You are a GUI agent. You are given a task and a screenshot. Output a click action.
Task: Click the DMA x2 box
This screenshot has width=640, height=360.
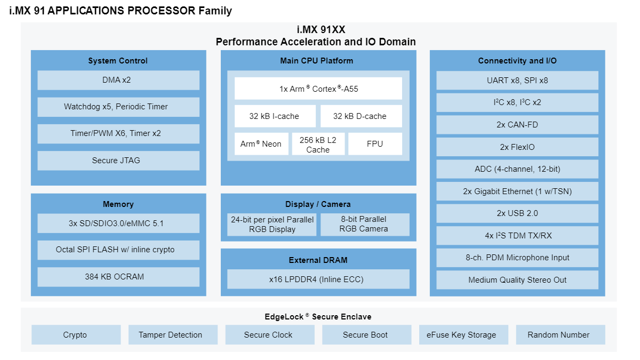pyautogui.click(x=118, y=80)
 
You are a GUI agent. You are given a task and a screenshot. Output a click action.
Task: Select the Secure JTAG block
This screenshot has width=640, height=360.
pyautogui.click(x=118, y=161)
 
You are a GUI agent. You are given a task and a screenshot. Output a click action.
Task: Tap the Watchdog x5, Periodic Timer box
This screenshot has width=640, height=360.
pyautogui.click(x=118, y=107)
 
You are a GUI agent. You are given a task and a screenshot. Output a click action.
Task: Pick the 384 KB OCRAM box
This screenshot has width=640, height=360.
pyautogui.click(x=118, y=277)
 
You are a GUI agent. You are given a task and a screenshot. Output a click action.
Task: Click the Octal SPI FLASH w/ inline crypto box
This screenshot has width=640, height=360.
pyautogui.click(x=118, y=250)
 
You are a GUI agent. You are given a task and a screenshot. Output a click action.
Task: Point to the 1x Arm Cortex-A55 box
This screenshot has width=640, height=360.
pyautogui.click(x=318, y=89)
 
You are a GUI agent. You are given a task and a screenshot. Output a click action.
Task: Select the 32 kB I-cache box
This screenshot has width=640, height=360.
pyautogui.click(x=274, y=116)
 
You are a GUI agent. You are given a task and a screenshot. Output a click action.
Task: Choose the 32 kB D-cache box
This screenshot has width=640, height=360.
pyautogui.click(x=361, y=116)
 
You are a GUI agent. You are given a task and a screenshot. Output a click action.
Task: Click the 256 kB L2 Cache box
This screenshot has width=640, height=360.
pyautogui.click(x=318, y=145)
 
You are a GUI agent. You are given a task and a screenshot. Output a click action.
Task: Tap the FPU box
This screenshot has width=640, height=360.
pyautogui.click(x=375, y=144)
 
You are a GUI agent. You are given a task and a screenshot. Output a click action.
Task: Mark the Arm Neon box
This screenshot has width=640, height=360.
pyautogui.click(x=261, y=144)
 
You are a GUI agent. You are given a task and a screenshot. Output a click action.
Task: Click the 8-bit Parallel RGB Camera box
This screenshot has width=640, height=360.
pyautogui.click(x=365, y=225)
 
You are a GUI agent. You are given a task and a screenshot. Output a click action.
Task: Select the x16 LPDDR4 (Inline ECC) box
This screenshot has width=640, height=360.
pyautogui.click(x=318, y=279)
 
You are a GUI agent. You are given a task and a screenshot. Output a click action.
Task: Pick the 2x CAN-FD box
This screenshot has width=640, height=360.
pyautogui.click(x=517, y=125)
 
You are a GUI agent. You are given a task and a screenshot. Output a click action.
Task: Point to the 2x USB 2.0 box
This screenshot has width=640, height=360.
pyautogui.click(x=517, y=213)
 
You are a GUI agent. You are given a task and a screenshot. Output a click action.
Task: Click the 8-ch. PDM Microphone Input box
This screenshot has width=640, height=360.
pyautogui.click(x=517, y=258)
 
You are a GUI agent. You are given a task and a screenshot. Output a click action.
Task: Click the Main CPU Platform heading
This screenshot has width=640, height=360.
pyautogui.click(x=318, y=61)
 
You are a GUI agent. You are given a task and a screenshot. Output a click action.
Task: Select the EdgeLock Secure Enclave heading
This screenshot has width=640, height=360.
pyautogui.click(x=318, y=317)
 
